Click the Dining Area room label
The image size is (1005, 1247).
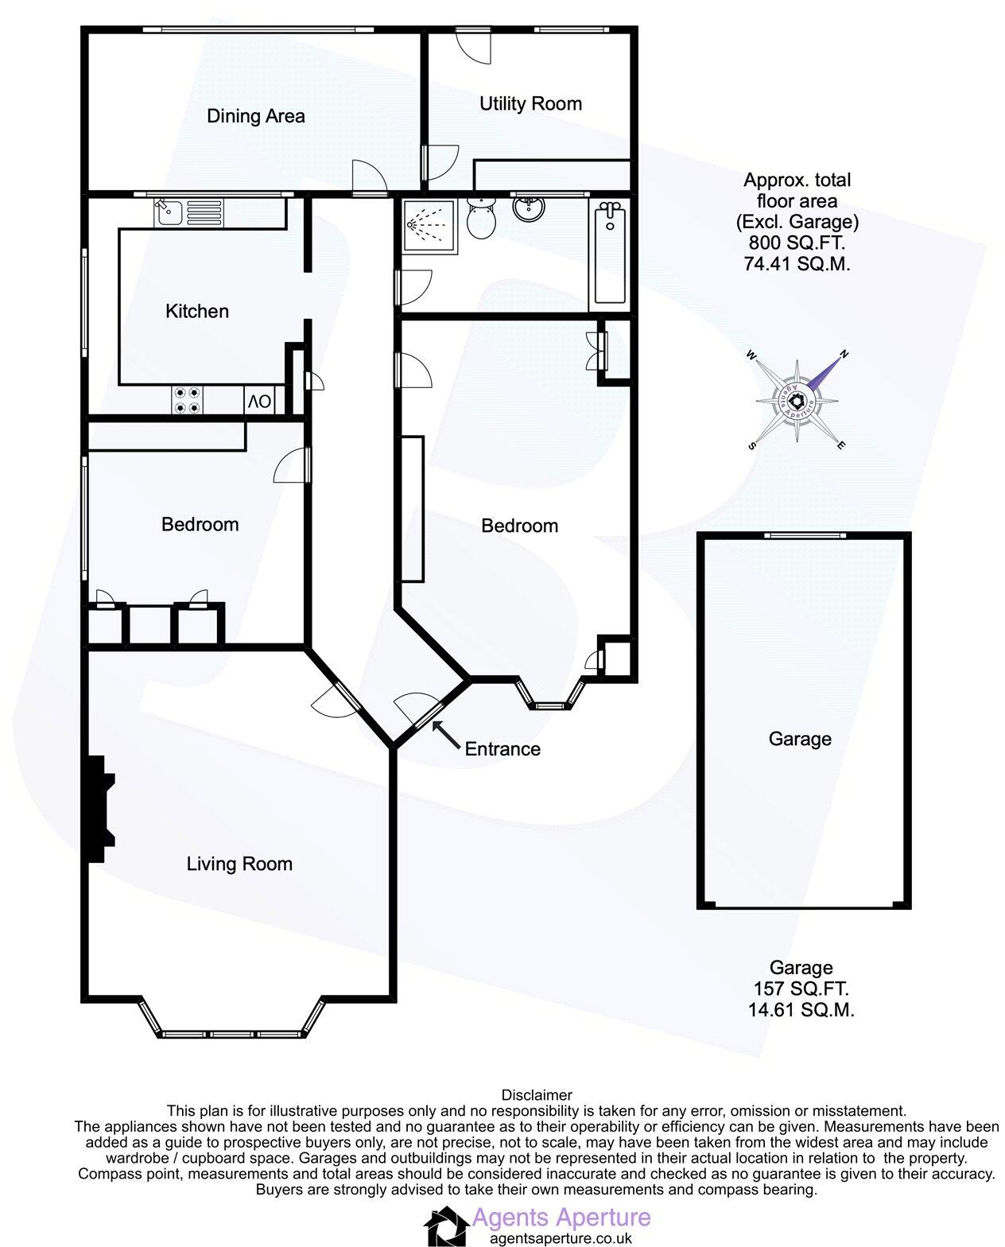[x=255, y=116]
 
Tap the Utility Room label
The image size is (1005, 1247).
[x=530, y=103]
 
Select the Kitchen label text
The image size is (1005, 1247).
[x=197, y=311]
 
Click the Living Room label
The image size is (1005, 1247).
[x=239, y=864]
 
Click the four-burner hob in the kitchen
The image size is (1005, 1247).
[x=188, y=400]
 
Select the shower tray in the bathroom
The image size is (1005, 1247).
[x=430, y=225]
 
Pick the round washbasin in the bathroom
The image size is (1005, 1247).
[x=528, y=209]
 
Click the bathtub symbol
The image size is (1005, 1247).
[x=610, y=254]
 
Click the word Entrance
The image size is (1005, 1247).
[x=502, y=749]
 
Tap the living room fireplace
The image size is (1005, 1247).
[x=99, y=808]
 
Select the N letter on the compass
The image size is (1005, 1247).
[x=844, y=354]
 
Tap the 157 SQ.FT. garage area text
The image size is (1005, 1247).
[x=801, y=989]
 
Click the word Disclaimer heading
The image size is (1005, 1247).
[x=537, y=1095]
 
